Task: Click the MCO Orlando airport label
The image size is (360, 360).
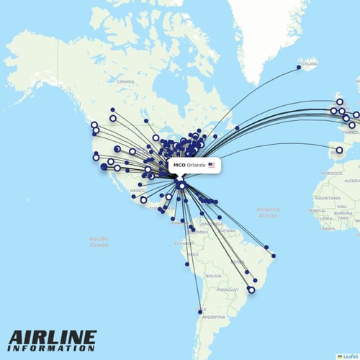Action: click(x=189, y=165)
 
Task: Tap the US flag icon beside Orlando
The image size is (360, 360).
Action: click(x=212, y=165)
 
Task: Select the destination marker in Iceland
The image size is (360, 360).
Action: click(x=299, y=68)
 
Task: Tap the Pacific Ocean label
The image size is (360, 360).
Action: click(x=99, y=242)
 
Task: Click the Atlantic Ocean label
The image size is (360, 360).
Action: click(x=267, y=212)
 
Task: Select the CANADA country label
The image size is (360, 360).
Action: click(x=126, y=82)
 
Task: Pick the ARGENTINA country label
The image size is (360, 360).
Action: click(x=214, y=317)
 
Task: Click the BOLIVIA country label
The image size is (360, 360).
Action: click(x=213, y=276)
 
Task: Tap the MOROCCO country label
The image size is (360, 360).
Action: click(x=332, y=174)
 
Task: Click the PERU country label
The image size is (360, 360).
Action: click(x=192, y=255)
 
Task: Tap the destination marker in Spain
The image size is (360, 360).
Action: click(x=339, y=150)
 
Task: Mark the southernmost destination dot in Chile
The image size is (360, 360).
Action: click(x=200, y=312)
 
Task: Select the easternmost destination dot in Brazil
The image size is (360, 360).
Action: click(x=274, y=256)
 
